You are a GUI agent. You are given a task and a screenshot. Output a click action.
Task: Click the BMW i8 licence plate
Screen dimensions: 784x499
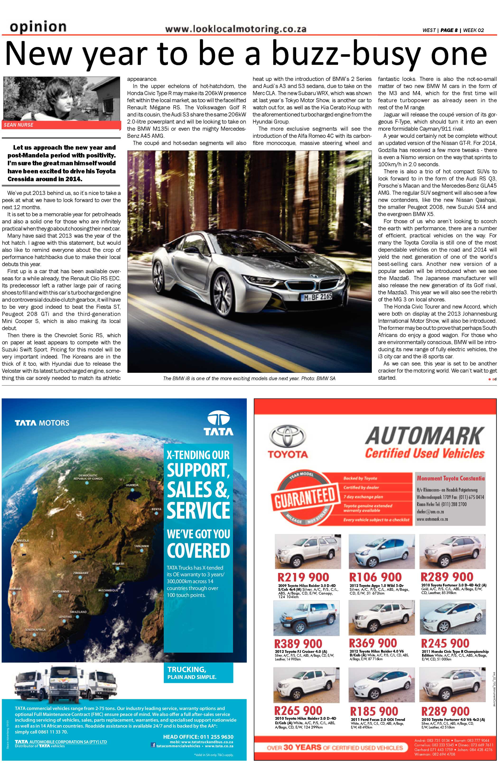click(x=316, y=297)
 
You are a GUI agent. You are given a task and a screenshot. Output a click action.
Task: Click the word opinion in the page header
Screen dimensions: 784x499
click(x=38, y=27)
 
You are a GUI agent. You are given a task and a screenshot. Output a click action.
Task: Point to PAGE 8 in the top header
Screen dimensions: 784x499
click(x=449, y=30)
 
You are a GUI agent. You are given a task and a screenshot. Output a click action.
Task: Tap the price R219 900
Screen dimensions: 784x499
click(x=303, y=577)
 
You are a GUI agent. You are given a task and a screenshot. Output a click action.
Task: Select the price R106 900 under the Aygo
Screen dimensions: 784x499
click(x=375, y=577)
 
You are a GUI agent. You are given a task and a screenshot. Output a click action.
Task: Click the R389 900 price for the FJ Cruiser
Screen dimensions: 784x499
click(x=298, y=644)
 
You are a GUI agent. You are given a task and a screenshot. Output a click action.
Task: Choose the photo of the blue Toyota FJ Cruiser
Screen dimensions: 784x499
click(x=306, y=618)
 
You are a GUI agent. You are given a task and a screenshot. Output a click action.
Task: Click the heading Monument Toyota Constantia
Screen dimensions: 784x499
click(x=450, y=478)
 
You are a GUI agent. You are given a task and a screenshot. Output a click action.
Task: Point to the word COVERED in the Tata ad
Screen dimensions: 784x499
click(x=198, y=551)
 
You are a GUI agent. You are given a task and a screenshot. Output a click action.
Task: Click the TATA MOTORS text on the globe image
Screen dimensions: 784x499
click(x=42, y=423)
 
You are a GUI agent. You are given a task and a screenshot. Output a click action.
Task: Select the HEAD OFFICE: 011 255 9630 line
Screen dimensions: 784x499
click(x=198, y=737)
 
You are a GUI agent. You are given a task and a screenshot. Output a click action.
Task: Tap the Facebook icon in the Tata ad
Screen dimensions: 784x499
click(x=153, y=745)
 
